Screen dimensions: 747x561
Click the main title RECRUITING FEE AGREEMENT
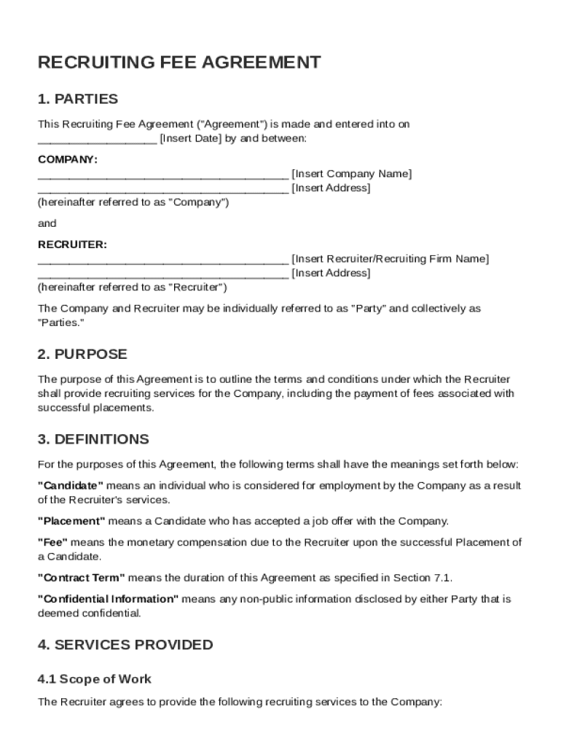pyautogui.click(x=178, y=62)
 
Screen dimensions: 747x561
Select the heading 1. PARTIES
pyautogui.click(x=77, y=99)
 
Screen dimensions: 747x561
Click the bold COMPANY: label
pyautogui.click(x=68, y=159)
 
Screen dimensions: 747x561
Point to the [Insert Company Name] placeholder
pyautogui.click(x=351, y=174)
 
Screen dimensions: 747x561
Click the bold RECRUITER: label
pyautogui.click(x=72, y=244)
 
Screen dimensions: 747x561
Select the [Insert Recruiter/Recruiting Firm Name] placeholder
pyautogui.click(x=390, y=259)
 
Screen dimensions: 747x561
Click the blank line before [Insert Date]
pyautogui.click(x=97, y=140)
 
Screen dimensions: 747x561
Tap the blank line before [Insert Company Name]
pyautogui.click(x=162, y=175)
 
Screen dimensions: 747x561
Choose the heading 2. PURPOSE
pyautogui.click(x=82, y=355)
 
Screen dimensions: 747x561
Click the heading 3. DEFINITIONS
pyautogui.click(x=93, y=439)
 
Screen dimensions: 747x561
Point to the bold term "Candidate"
pyautogui.click(x=71, y=486)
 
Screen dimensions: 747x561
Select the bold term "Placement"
pyautogui.click(x=71, y=521)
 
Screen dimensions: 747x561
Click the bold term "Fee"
pyautogui.click(x=52, y=542)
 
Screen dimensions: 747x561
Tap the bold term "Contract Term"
pyautogui.click(x=81, y=578)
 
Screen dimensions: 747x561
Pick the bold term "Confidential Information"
pyautogui.click(x=108, y=599)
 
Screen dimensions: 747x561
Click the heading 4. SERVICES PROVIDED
pyautogui.click(x=125, y=645)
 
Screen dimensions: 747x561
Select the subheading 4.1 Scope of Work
pyautogui.click(x=95, y=679)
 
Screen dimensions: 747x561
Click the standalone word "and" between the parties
pyautogui.click(x=47, y=223)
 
